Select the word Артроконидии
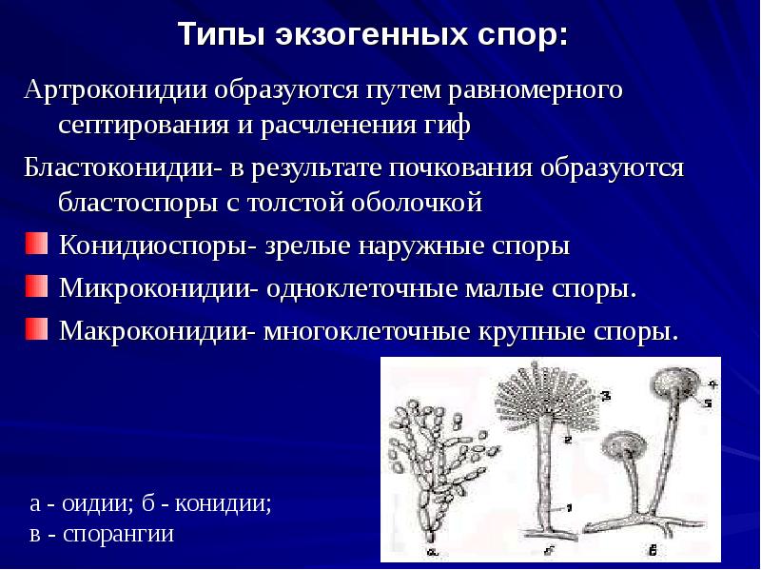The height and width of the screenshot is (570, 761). coord(119,91)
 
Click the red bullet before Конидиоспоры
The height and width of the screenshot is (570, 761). coord(34,246)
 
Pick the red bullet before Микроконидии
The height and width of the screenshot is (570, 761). coord(34,286)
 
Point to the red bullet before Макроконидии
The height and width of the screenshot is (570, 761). coord(34,328)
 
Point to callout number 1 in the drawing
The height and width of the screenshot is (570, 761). coord(568,507)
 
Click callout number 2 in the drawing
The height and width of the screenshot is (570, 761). coord(566,440)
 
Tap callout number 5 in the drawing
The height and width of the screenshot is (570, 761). coord(708,403)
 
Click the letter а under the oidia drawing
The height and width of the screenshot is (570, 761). coord(433,550)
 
